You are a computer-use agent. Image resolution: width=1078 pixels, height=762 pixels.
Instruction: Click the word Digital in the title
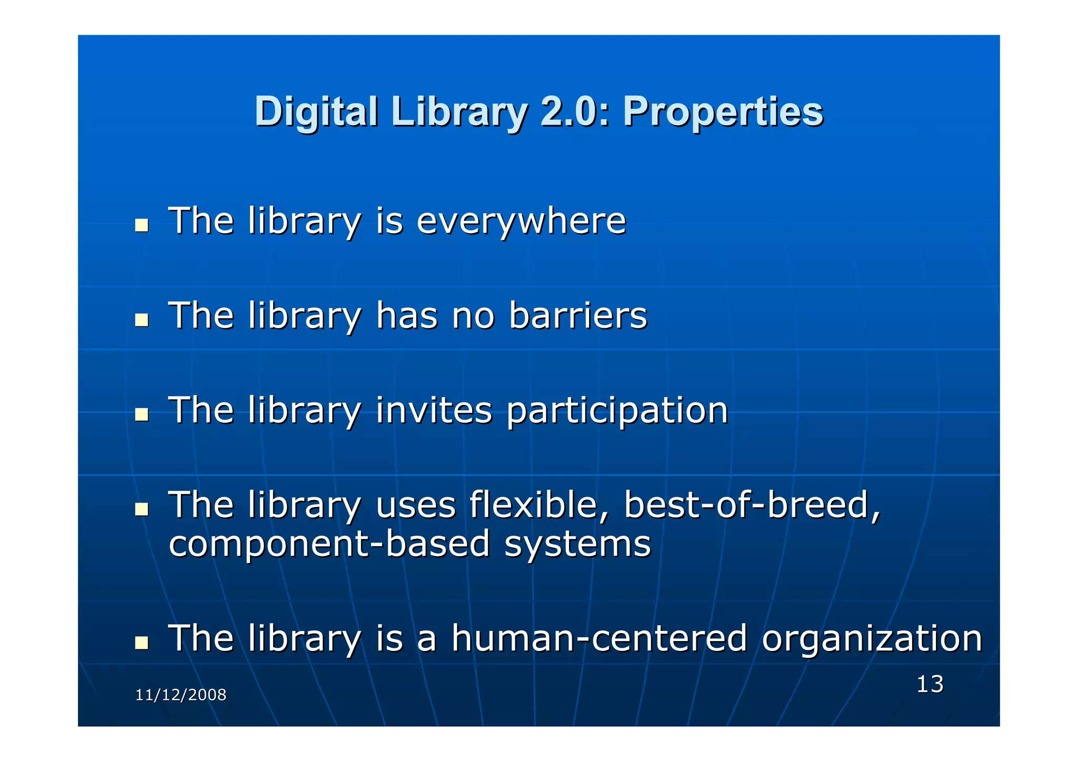pos(316,112)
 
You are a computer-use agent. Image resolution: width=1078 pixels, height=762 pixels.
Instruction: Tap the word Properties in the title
pos(723,112)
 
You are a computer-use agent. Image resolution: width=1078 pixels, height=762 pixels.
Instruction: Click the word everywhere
pos(521,221)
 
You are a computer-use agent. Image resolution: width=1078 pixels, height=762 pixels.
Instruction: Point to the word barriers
pos(577,316)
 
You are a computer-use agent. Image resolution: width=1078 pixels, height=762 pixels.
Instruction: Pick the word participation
pos(617,411)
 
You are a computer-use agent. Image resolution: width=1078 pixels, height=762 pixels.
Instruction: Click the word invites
pos(434,410)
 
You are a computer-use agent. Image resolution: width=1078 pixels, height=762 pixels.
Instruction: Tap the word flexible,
pos(539,505)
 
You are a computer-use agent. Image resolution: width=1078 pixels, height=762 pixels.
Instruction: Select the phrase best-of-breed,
pos(752,505)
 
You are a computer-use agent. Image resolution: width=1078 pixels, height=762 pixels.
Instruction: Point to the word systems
pos(577,544)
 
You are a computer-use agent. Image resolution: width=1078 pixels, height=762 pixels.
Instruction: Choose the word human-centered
pos(599,638)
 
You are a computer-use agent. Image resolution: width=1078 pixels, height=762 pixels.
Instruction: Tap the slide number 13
pos(930,684)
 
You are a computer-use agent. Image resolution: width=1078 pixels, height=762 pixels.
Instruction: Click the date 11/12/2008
pos(181,695)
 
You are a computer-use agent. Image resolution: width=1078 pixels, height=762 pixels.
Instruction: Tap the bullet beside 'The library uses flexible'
pos(141,509)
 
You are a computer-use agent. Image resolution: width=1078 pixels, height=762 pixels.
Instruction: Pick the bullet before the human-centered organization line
pos(141,643)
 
